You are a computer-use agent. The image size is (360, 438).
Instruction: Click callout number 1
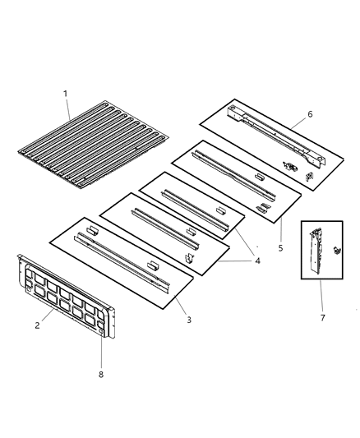pyautogui.click(x=66, y=94)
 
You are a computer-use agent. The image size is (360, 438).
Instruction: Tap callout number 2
pyautogui.click(x=38, y=325)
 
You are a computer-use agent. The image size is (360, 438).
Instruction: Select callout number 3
pyautogui.click(x=189, y=320)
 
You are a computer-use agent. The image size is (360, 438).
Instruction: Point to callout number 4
pyautogui.click(x=257, y=260)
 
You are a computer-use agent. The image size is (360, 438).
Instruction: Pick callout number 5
pyautogui.click(x=280, y=248)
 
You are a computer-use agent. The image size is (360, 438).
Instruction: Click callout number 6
pyautogui.click(x=310, y=114)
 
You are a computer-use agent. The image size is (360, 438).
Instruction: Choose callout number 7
pyautogui.click(x=322, y=317)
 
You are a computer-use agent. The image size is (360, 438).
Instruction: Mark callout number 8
pyautogui.click(x=101, y=374)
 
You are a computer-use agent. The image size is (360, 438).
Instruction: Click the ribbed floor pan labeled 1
pyautogui.click(x=93, y=145)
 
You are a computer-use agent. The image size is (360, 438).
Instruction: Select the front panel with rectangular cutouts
pyautogui.click(x=67, y=296)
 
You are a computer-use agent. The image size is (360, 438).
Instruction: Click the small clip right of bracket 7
pyautogui.click(x=337, y=250)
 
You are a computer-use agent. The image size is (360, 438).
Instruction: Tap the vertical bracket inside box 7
pyautogui.click(x=316, y=251)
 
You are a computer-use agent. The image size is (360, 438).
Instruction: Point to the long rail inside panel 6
pyautogui.click(x=276, y=136)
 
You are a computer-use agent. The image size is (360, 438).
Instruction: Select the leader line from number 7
pyautogui.click(x=321, y=296)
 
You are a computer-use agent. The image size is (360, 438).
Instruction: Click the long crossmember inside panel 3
pyautogui.click(x=122, y=262)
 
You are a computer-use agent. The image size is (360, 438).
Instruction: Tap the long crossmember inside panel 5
pyautogui.click(x=233, y=176)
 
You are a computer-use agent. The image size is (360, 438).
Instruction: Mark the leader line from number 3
pyautogui.click(x=180, y=305)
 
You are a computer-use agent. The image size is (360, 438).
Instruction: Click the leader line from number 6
pyautogui.click(x=298, y=123)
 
